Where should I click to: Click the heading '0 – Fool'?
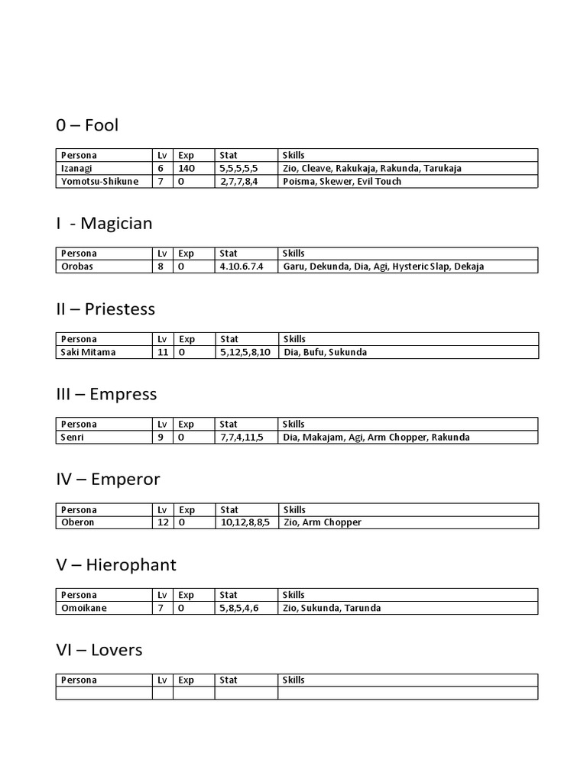[x=87, y=124]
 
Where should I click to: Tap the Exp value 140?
[x=186, y=168]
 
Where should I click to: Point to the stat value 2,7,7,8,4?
[x=238, y=182]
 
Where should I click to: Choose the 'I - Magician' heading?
[x=105, y=223]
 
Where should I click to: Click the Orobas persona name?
[x=76, y=267]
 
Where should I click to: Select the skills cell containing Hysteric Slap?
[x=383, y=267]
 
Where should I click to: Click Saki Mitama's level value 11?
[x=162, y=352]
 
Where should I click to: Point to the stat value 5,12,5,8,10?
[x=245, y=352]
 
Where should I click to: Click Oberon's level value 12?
[x=162, y=523]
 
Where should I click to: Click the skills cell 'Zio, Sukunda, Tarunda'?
[x=332, y=609]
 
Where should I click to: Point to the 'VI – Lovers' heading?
[x=99, y=650]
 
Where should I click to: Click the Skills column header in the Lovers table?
[x=293, y=680]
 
